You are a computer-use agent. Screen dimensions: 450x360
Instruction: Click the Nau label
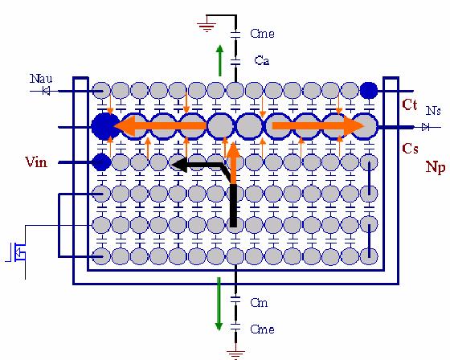point(41,79)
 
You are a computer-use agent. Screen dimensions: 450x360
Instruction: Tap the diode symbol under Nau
point(46,91)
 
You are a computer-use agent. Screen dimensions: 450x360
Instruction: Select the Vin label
point(36,162)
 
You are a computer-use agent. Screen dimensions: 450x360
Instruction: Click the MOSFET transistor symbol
point(17,252)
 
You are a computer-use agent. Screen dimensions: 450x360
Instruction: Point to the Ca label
point(262,60)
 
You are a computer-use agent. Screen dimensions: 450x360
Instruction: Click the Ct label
point(410,104)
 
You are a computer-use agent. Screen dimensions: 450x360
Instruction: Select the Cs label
point(410,149)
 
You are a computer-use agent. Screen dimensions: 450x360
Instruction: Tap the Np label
point(436,167)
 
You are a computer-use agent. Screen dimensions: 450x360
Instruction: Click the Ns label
point(433,111)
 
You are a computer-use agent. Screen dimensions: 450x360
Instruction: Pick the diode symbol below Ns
point(426,127)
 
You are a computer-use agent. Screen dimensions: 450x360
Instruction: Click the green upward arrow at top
point(220,60)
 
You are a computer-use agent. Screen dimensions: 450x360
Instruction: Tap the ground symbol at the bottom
point(235,354)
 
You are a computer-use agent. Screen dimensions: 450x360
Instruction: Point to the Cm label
point(259,303)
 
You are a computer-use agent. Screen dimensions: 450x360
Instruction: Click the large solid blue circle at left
point(105,127)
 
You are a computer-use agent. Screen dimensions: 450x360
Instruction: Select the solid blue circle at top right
point(369,91)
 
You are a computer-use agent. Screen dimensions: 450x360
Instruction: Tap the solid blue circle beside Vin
point(101,162)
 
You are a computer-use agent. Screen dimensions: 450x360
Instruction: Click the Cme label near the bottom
point(262,329)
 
